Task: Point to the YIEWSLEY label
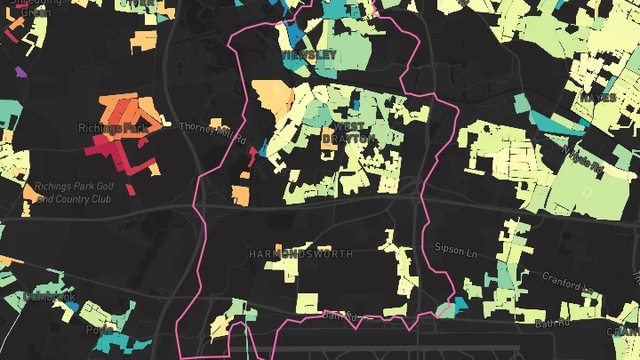click(308, 55)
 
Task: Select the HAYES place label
click(598, 97)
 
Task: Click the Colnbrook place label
click(51, 296)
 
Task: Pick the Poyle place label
click(99, 328)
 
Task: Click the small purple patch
click(20, 70)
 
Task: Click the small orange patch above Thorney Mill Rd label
click(216, 124)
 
